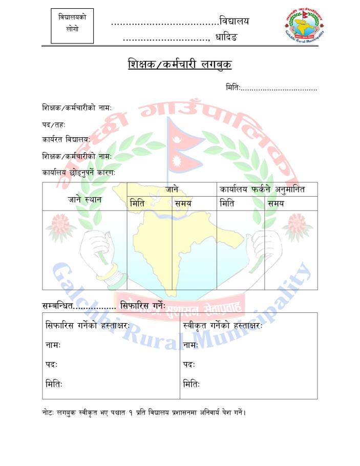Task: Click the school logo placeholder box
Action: coord(72,26)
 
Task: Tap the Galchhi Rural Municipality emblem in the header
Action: coord(304,26)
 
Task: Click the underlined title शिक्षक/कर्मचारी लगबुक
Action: coord(180,65)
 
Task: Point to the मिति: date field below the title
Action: coord(271,88)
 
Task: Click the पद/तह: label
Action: coord(54,124)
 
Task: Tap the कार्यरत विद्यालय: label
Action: coord(66,139)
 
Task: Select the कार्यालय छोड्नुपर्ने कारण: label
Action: coord(78,173)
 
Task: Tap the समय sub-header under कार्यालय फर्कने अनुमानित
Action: coord(276,203)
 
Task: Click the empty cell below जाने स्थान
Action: coord(84,250)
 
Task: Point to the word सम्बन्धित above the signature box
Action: coord(58,306)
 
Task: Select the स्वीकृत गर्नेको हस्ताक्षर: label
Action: coord(223,326)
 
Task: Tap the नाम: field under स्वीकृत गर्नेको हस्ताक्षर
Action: coord(190,345)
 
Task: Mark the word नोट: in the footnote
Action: coord(49,412)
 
